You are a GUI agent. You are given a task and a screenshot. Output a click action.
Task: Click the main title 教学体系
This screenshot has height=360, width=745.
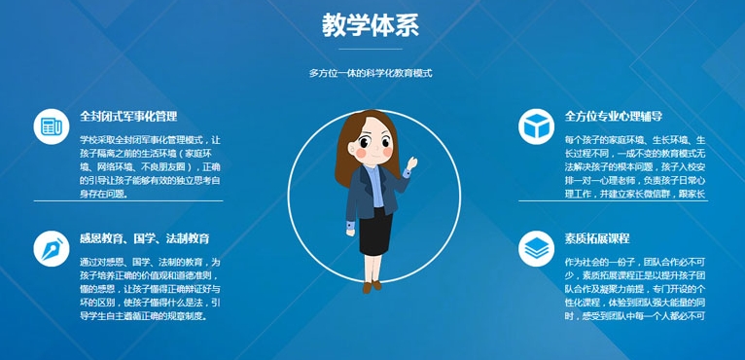(x=371, y=24)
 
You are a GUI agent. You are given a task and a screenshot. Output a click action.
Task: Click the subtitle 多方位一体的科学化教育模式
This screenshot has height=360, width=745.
(x=371, y=73)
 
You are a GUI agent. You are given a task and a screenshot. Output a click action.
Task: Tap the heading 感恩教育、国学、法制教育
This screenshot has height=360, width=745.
(x=145, y=238)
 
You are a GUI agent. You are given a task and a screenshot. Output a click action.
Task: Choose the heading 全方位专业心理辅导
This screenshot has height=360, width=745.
(x=614, y=117)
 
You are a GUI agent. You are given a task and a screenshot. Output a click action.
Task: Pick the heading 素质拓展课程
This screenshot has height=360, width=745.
(x=597, y=238)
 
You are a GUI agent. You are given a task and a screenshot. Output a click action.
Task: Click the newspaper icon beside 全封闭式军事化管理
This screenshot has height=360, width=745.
(x=49, y=126)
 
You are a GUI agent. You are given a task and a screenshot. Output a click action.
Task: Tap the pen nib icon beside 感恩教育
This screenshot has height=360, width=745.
(x=49, y=249)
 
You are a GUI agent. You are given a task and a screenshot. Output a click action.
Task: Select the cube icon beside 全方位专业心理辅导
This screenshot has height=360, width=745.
(x=535, y=126)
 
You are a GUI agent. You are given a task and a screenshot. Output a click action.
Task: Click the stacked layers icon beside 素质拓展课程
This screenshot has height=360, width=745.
(x=535, y=249)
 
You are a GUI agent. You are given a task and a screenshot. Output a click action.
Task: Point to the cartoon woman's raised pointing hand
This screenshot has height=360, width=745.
(x=411, y=161)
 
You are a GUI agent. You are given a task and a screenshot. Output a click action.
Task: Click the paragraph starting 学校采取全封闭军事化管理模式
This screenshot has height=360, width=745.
(x=151, y=166)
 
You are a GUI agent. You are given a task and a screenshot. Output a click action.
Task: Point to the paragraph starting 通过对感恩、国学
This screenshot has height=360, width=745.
(x=151, y=289)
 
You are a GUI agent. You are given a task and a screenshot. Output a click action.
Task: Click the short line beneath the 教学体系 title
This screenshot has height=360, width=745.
(x=371, y=49)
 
